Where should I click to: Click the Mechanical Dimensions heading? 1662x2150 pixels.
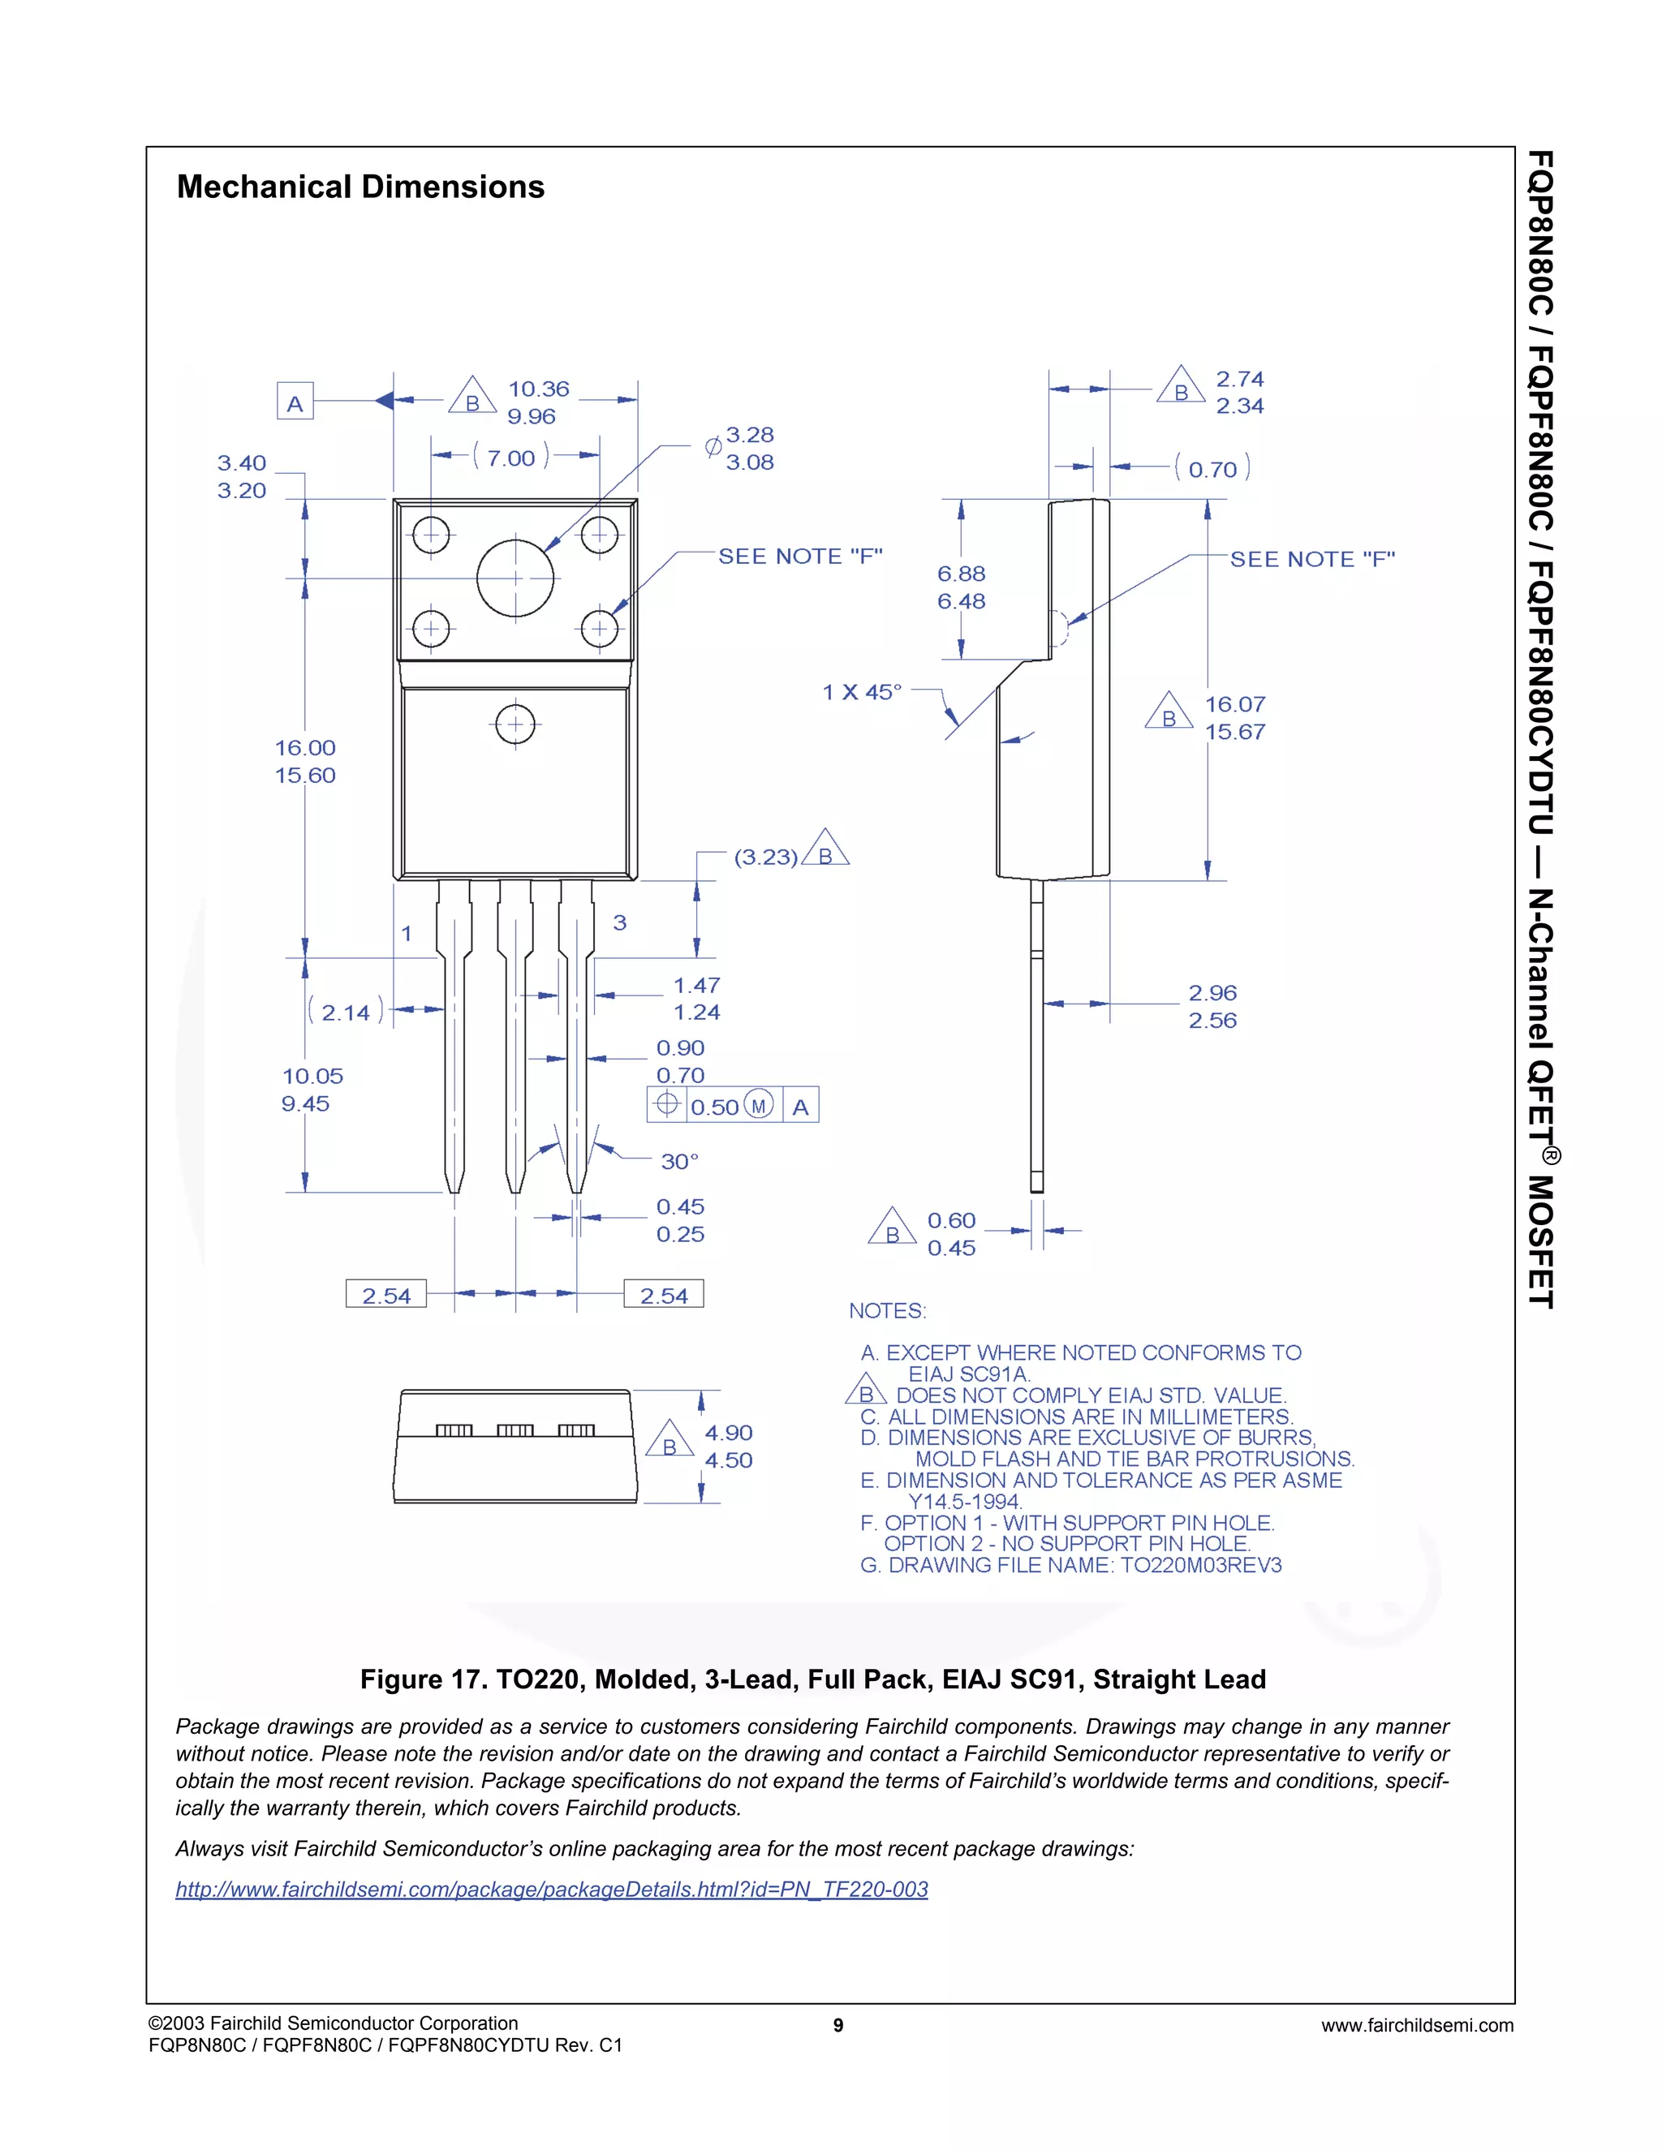(360, 187)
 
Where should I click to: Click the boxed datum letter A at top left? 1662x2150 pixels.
(295, 402)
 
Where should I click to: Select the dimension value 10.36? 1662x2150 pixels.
(539, 389)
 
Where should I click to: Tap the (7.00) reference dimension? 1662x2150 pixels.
(511, 458)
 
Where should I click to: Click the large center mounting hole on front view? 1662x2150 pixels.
(515, 578)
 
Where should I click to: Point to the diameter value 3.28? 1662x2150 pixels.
(751, 435)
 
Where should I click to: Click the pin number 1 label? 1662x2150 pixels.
(407, 933)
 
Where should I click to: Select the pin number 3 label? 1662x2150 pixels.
(619, 922)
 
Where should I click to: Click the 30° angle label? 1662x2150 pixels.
(679, 1162)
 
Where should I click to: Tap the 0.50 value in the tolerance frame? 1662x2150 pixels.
(715, 1107)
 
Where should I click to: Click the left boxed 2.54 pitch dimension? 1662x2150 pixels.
(386, 1296)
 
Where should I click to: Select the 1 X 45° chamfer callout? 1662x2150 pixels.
(862, 692)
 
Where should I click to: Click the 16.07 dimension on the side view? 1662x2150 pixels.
(1234, 705)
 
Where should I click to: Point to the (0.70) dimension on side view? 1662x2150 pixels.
(1212, 470)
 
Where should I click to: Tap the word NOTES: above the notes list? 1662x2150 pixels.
(887, 1311)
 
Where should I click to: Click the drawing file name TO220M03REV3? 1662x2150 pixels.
(1201, 1565)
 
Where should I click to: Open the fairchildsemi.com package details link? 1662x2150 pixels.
(551, 1889)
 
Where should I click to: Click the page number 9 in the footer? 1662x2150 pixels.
(837, 2025)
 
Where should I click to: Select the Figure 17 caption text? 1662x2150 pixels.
(812, 1679)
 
